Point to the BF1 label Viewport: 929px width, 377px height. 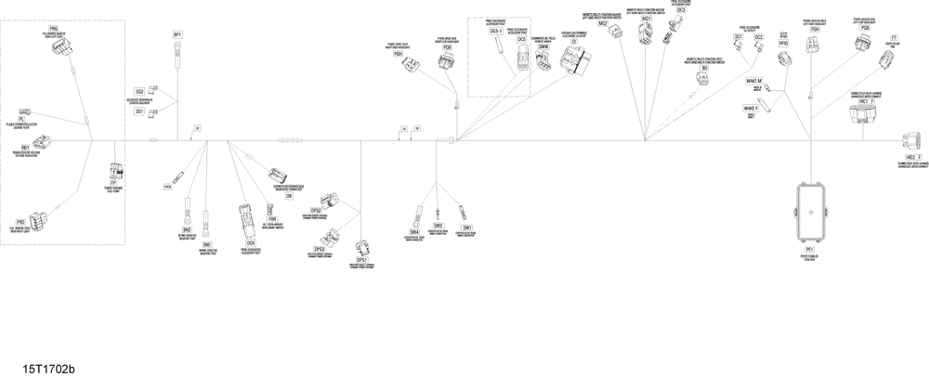pos(177,34)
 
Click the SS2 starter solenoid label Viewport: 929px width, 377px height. pos(139,91)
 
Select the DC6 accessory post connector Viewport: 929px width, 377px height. pos(245,212)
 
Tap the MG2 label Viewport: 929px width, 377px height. pos(603,49)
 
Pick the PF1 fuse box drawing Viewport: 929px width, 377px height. pos(810,212)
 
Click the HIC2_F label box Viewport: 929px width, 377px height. pos(914,158)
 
